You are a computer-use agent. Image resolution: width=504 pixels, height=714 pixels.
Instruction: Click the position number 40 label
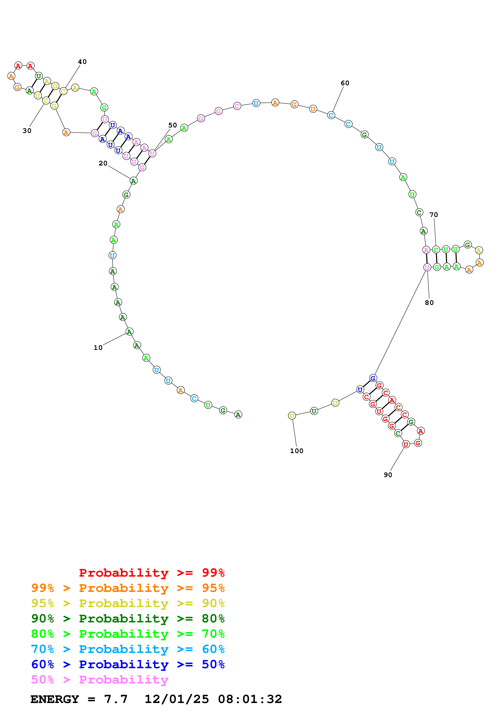coord(82,62)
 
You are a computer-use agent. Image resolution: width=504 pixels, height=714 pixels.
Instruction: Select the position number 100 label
coord(297,451)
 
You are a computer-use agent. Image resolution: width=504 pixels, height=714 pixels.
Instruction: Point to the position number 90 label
coord(388,475)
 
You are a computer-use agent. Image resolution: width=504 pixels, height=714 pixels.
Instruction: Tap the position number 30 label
coord(27,131)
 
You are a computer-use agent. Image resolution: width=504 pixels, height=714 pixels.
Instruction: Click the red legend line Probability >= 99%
coord(151,573)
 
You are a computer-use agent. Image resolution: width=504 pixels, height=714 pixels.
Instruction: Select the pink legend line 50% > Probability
coord(100,680)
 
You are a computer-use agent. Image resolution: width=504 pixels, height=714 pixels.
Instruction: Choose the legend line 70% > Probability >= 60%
coord(128,649)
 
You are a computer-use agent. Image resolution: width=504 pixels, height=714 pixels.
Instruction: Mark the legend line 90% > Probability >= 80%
coord(128,619)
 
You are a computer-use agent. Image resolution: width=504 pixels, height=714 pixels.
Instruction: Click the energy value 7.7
coord(116,699)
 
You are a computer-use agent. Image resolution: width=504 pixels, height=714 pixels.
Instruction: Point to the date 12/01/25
coord(177,699)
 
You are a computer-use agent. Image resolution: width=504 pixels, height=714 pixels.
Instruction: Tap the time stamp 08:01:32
coord(250,699)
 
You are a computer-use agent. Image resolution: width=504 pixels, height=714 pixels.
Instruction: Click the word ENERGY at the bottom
coord(55,699)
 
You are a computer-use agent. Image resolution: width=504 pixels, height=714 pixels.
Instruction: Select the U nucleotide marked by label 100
coord(292,416)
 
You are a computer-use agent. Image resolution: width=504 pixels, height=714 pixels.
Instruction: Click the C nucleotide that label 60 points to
coord(331,115)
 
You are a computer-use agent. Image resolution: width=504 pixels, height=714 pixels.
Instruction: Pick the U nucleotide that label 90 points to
coord(406,444)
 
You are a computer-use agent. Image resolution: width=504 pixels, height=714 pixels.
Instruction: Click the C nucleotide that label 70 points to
coord(436,250)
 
